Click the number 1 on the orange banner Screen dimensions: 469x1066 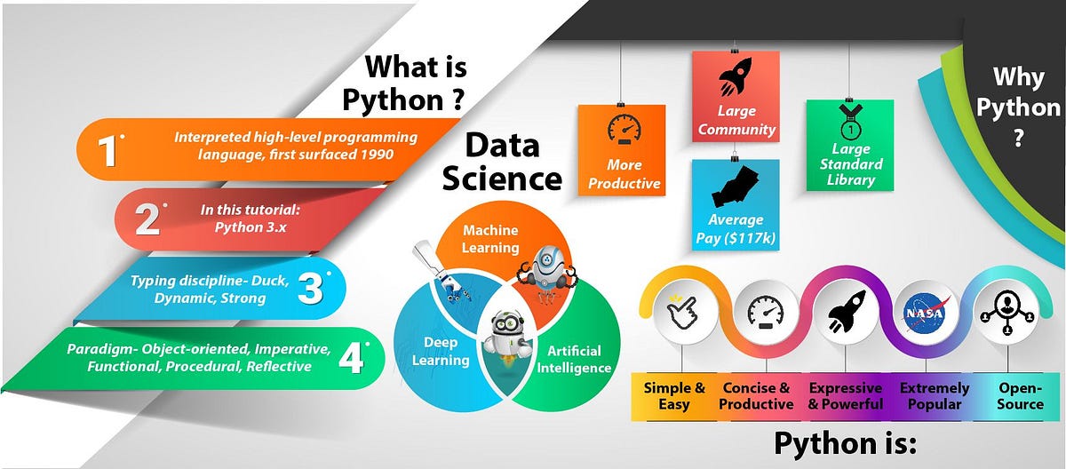click(108, 150)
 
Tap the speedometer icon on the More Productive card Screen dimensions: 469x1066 click(623, 131)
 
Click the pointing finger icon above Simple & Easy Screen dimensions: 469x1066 click(680, 312)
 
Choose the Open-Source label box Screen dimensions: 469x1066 click(1021, 396)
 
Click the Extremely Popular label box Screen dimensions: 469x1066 click(930, 396)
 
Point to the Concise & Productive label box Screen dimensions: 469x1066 click(757, 396)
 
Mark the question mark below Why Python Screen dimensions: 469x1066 click(1018, 140)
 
